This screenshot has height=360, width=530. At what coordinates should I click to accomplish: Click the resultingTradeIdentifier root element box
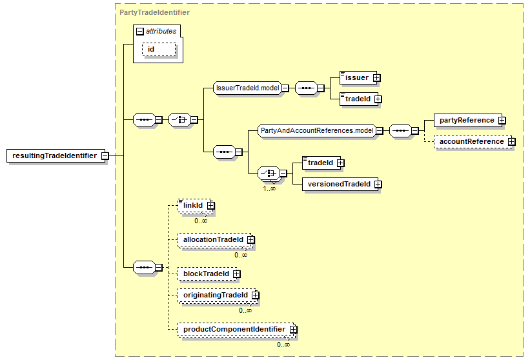54,155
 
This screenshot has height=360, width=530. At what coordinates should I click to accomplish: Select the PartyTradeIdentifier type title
145,12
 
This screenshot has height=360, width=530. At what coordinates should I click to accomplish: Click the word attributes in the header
160,30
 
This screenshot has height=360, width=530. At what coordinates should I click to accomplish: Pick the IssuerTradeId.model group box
246,88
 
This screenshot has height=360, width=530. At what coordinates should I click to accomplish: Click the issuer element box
356,78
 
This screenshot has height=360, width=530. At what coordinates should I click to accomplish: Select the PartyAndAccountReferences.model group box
317,130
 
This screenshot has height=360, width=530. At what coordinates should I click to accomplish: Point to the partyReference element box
466,120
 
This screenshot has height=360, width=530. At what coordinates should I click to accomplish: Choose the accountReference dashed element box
471,141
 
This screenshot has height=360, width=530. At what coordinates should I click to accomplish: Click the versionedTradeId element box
338,184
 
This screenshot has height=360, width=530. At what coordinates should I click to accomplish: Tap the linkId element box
192,205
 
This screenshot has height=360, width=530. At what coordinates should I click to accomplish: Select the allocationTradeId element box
212,239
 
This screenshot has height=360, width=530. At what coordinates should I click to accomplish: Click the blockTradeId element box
205,274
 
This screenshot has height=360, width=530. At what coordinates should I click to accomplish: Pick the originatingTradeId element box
215,295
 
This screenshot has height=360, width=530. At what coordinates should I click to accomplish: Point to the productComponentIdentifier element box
233,329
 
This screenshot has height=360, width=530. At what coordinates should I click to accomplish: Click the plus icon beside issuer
376,78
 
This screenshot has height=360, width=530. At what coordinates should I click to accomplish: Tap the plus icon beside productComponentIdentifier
293,329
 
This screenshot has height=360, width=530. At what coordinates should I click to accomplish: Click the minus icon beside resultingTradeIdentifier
104,155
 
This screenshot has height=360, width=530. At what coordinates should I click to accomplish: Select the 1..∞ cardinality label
269,188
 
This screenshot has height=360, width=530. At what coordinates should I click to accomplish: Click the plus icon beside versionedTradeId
378,184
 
